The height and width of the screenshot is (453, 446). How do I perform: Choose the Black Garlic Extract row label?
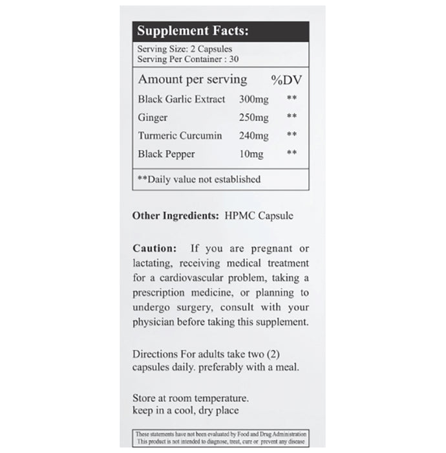[182, 99]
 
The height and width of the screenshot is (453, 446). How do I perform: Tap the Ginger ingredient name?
[153, 117]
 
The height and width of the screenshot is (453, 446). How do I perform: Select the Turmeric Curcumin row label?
[180, 136]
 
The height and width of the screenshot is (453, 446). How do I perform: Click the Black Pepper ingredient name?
[166, 154]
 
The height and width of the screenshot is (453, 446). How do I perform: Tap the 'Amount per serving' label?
[192, 80]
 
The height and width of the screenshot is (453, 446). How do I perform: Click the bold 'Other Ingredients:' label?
[175, 215]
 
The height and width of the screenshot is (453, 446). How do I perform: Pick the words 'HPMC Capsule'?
[258, 215]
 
